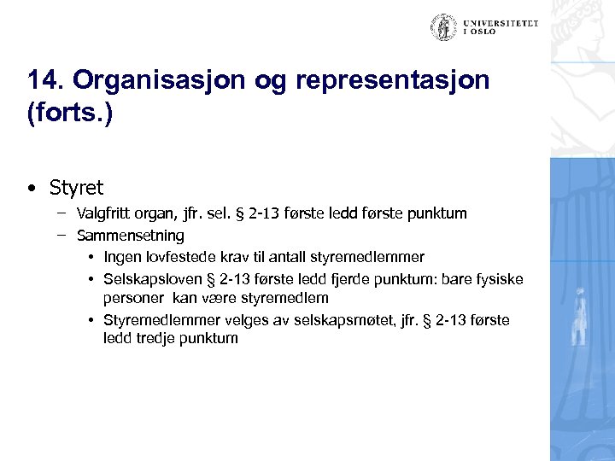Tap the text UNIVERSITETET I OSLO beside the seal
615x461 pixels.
pyautogui.click(x=501, y=28)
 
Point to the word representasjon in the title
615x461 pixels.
pyautogui.click(x=393, y=81)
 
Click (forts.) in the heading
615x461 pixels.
pyautogui.click(x=69, y=114)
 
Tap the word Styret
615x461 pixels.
pyautogui.click(x=76, y=187)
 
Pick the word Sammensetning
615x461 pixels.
pyautogui.click(x=130, y=235)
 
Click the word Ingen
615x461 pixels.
pyautogui.click(x=121, y=257)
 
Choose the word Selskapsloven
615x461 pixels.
pyautogui.click(x=150, y=279)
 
